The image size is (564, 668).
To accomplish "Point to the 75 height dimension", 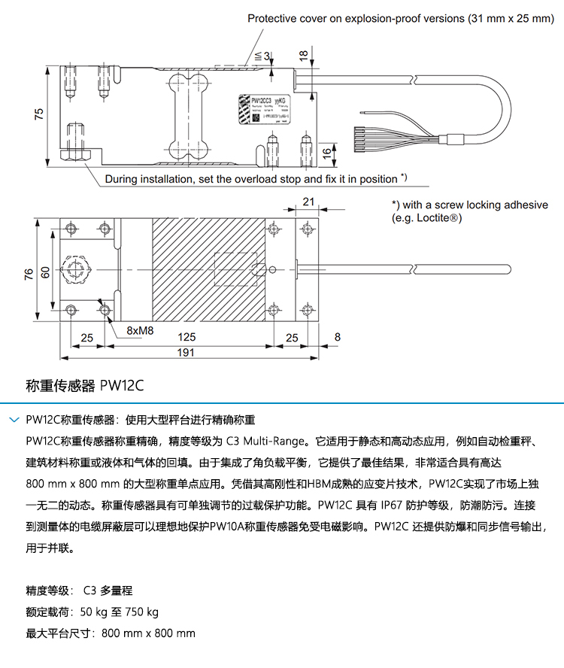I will tap(39, 113).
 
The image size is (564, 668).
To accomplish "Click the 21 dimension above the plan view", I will tap(308, 201).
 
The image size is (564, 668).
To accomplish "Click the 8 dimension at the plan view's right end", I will tap(336, 338).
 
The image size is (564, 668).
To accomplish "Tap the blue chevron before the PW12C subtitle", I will tap(14, 419).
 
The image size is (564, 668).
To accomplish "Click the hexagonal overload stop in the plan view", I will tap(76, 270).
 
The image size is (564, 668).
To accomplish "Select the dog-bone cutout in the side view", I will tap(188, 111).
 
